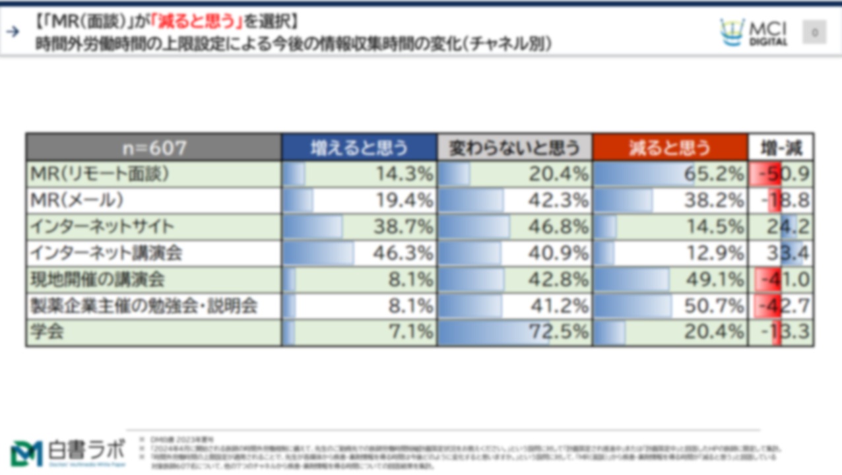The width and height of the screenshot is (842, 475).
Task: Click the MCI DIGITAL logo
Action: [x=754, y=32]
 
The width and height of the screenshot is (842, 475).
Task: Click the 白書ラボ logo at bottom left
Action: [x=68, y=452]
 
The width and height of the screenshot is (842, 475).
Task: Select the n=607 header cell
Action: [x=154, y=147]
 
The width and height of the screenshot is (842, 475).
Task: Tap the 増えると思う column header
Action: [x=359, y=147]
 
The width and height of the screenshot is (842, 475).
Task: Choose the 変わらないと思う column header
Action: [x=515, y=147]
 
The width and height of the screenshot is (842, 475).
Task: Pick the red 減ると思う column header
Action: [x=670, y=147]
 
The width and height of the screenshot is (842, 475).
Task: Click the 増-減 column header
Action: [x=781, y=147]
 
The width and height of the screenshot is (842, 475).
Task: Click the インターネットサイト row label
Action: [x=102, y=227]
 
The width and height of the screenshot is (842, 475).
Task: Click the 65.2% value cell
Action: [x=670, y=174]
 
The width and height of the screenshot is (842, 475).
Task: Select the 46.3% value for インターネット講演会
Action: [x=359, y=253]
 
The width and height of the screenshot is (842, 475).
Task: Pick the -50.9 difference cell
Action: [x=781, y=174]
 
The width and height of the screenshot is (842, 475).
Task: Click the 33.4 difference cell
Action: [x=781, y=253]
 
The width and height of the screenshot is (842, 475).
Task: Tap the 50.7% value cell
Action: [x=670, y=306]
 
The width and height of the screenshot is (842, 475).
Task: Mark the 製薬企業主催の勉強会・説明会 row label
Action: [x=144, y=306]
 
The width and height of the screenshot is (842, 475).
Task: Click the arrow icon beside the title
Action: [x=13, y=32]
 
